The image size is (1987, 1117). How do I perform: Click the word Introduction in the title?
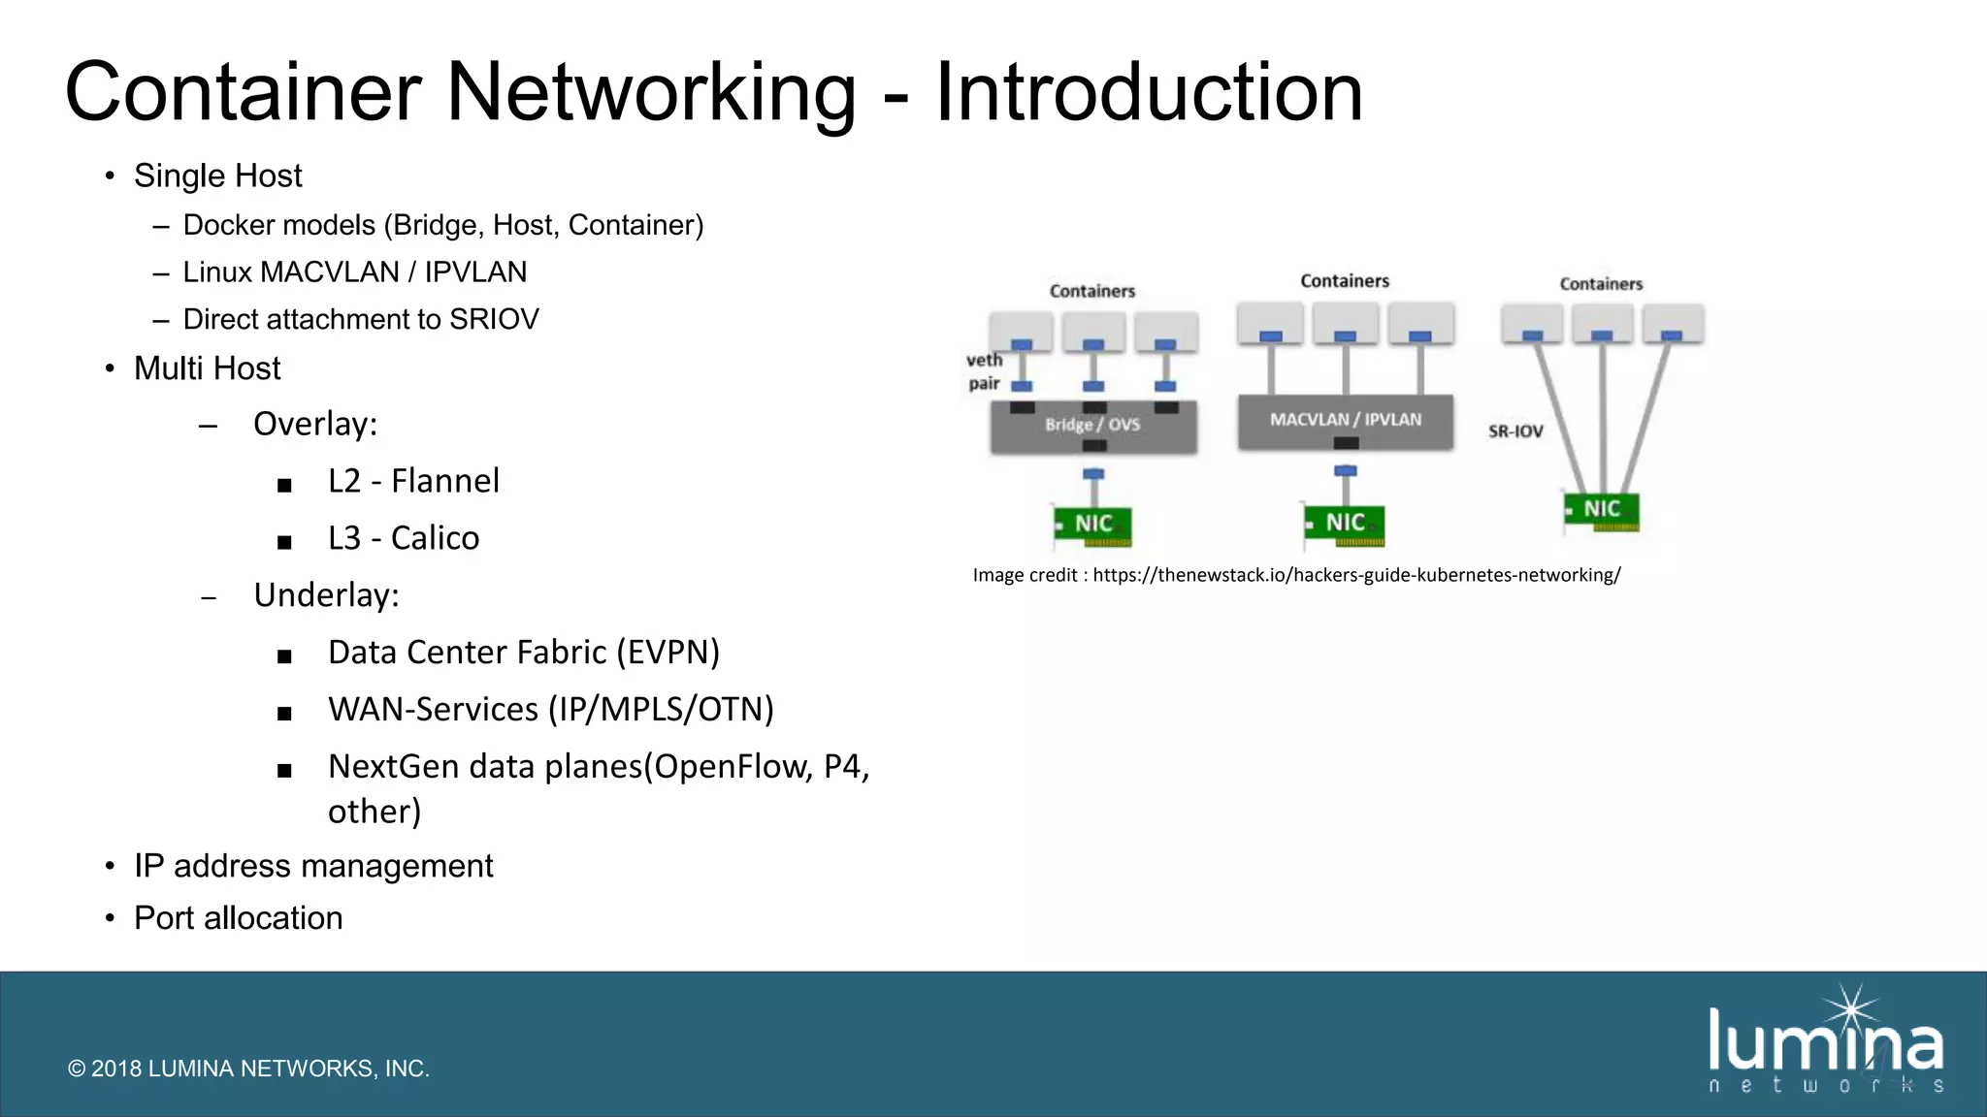1149,92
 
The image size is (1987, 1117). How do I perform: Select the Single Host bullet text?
217,176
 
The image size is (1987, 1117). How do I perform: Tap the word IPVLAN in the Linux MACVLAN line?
475,272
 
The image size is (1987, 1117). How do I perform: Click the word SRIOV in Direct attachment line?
494,320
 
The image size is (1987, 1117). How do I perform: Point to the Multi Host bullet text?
207,369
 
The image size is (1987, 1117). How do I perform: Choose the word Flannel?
444,481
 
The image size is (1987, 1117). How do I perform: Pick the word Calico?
435,538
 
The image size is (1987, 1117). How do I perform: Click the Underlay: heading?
326,595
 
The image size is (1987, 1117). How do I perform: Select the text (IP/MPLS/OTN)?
661,710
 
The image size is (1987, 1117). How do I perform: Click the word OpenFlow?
733,767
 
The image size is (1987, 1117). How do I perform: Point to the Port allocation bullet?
238,918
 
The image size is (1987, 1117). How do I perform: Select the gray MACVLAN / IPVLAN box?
1345,421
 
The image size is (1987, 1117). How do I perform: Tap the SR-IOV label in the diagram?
1515,431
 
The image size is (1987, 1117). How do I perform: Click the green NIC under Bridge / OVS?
1093,525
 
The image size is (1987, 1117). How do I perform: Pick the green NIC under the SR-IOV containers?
1602,510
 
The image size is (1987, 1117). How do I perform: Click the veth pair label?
984,371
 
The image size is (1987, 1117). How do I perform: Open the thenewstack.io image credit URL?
1355,575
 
